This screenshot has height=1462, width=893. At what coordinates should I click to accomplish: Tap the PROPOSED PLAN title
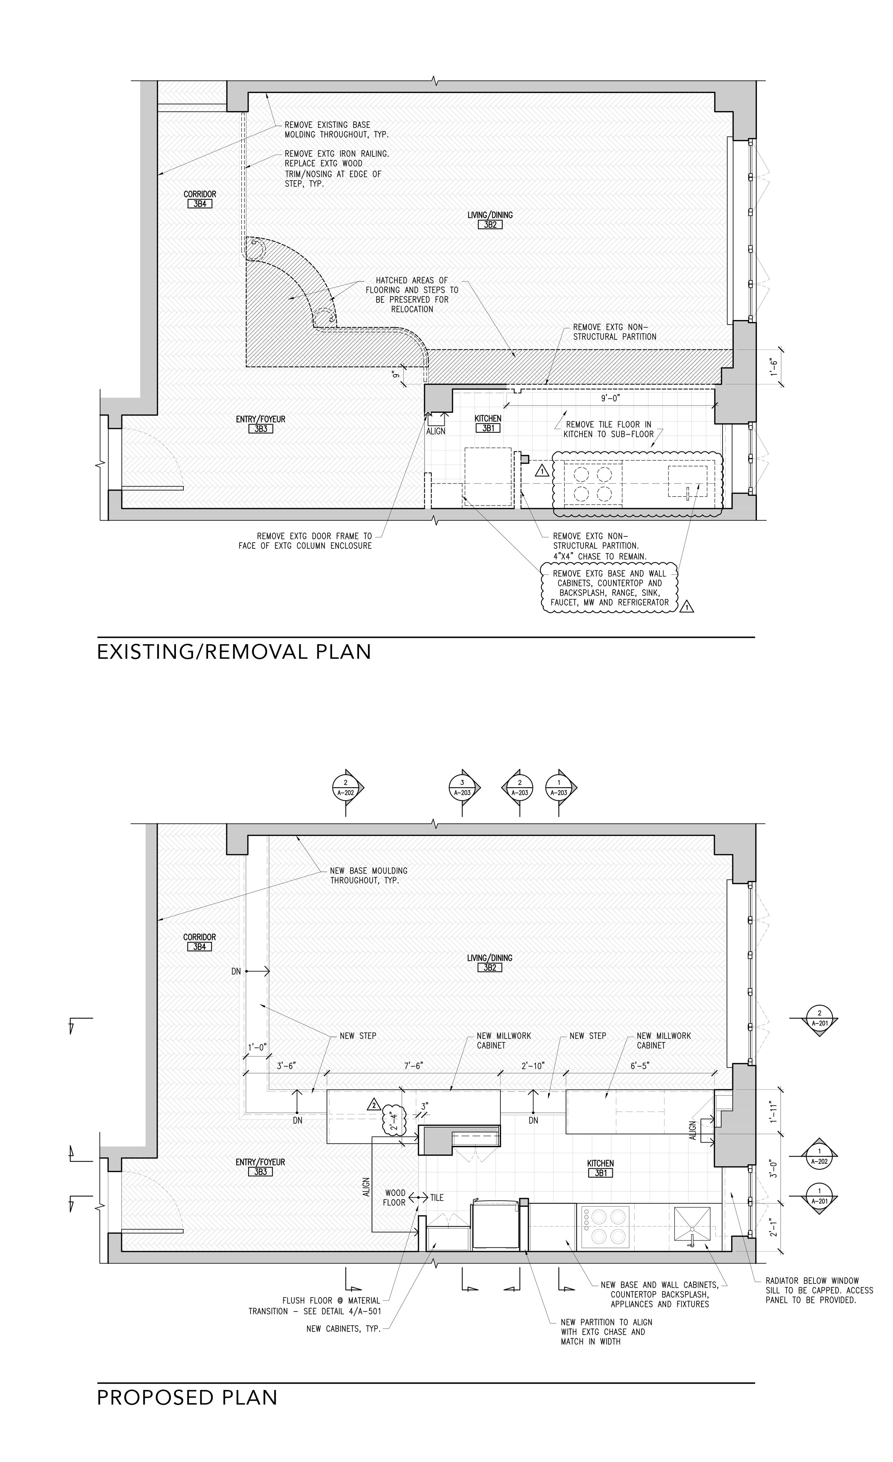[x=187, y=1397]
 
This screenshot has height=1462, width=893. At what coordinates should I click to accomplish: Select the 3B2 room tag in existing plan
[x=490, y=225]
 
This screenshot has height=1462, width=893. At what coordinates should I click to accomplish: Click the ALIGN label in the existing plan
[x=435, y=431]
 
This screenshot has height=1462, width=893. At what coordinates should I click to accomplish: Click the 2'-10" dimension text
[x=532, y=1066]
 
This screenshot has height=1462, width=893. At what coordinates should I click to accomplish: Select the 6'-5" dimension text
[x=640, y=1066]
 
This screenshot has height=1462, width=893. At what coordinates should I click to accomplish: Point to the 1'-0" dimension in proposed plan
[x=258, y=1047]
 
